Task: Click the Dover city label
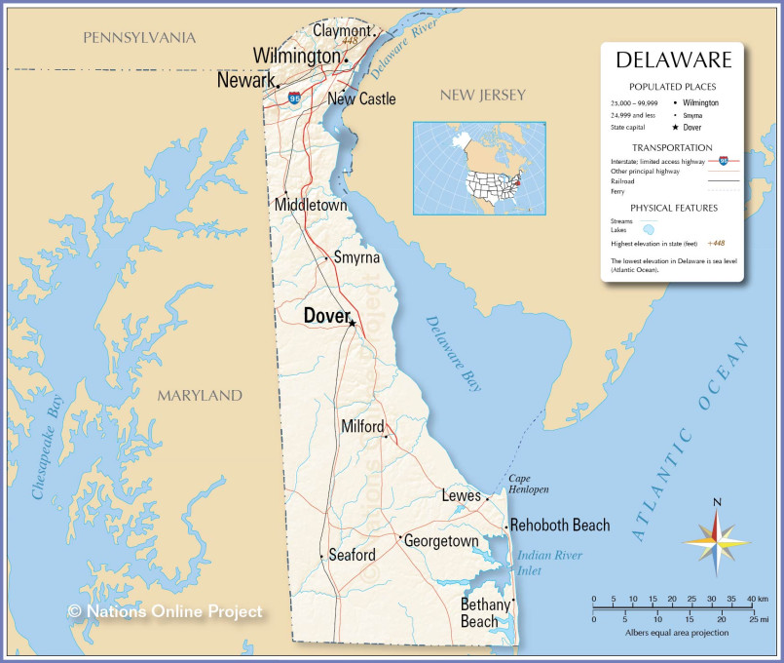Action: coord(326,316)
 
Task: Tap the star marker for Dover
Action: coord(353,323)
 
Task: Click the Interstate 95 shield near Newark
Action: coord(294,98)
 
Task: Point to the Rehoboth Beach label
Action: coord(560,526)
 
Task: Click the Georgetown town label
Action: coord(441,541)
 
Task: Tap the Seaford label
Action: coord(352,556)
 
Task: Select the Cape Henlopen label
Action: coord(528,484)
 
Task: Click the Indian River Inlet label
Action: coord(550,563)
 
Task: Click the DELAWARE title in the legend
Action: coord(673,60)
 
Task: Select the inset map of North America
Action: coord(479,169)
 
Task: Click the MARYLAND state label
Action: coord(200,396)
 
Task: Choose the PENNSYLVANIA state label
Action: coord(139,38)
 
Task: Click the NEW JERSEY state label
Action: coord(482,95)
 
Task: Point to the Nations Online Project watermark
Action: coord(165,611)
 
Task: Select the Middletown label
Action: coord(311,206)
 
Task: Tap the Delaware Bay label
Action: coord(453,353)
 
